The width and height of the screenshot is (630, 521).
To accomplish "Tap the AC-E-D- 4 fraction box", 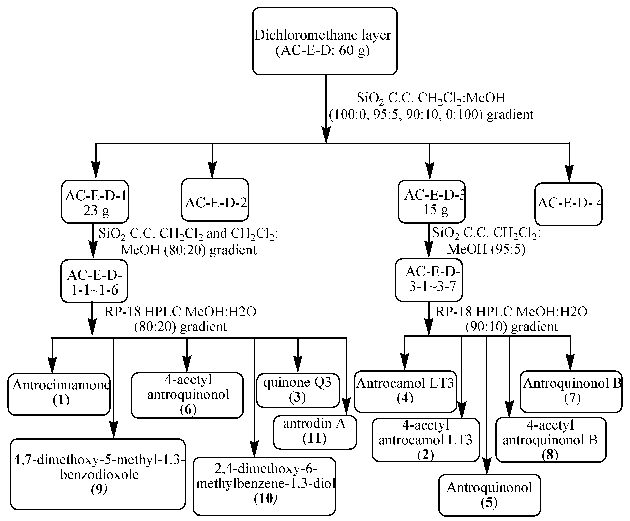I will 568,204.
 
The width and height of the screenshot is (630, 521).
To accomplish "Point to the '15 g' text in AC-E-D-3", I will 435,209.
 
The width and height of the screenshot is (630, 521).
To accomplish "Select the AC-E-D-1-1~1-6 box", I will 94,281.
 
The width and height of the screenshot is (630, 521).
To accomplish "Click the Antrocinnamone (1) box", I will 59,394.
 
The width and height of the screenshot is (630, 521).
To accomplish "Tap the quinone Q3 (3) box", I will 298,390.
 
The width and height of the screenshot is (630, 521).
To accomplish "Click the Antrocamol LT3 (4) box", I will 405,391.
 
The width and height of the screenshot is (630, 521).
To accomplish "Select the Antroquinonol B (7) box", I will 571,391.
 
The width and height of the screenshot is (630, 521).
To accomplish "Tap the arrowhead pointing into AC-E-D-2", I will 212,173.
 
